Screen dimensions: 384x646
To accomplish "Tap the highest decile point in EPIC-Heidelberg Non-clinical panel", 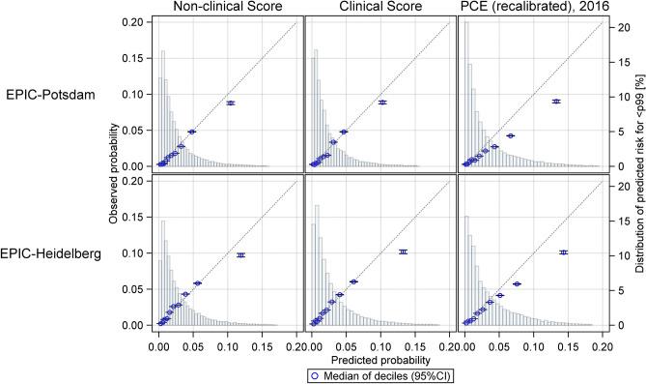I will click(240, 254).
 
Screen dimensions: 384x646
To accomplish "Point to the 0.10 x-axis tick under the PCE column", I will click(533, 343).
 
